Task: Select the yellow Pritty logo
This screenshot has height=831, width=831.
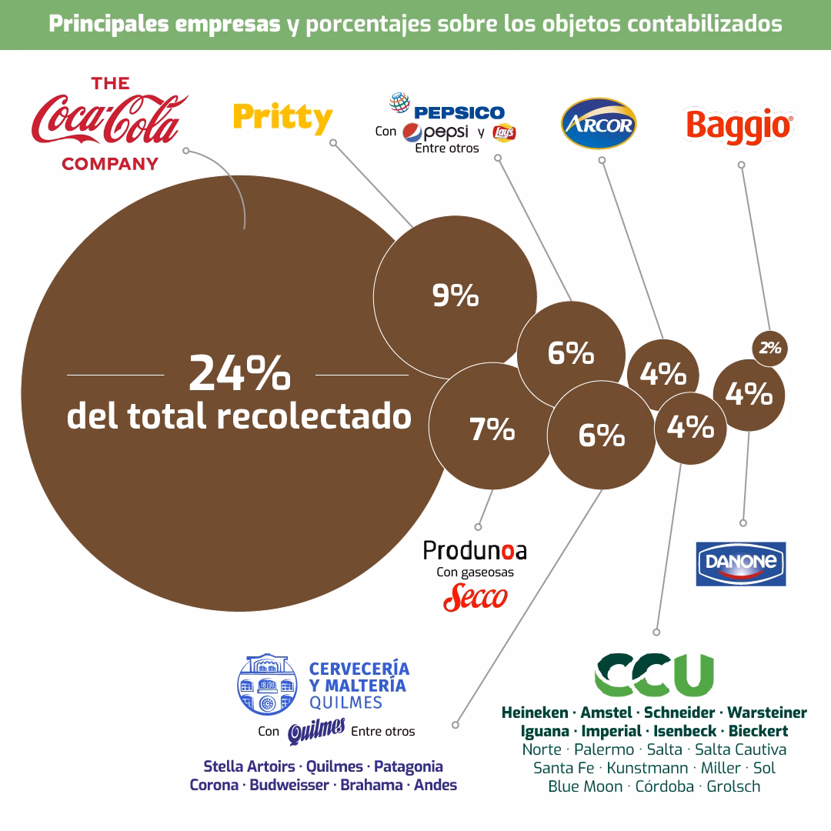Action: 282,118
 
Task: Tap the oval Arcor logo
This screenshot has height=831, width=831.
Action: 599,124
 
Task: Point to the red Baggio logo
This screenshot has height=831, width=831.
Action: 739,125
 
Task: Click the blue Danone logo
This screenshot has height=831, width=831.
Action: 740,563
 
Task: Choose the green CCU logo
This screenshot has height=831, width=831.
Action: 654,674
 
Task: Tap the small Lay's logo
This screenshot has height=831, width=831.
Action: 505,132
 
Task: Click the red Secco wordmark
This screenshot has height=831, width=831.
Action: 476,597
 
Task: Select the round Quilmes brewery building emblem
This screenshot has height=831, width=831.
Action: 267,685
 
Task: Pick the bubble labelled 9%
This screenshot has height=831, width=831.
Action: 455,296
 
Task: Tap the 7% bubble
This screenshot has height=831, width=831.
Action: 492,429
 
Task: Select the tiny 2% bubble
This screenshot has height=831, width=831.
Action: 769,348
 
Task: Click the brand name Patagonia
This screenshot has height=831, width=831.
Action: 409,766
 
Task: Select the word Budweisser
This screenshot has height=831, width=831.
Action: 291,785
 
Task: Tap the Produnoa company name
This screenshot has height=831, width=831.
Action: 475,550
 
